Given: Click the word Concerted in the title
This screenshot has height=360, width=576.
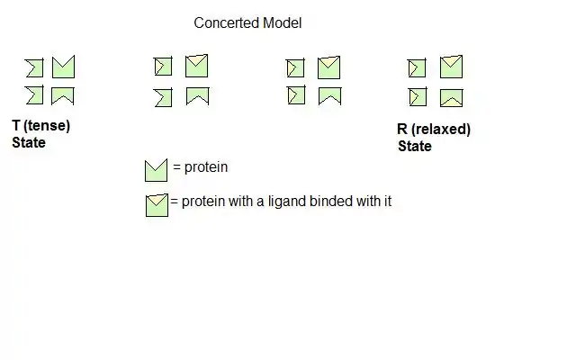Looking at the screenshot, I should (222, 23).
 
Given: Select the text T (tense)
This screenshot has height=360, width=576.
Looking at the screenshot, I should (41, 126).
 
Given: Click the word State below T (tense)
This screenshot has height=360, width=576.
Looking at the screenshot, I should (29, 142).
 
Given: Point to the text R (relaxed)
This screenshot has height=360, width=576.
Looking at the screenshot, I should (434, 130).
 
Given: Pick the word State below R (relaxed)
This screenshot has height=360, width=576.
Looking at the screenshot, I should (415, 146).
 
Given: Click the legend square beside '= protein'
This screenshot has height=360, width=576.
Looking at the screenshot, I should (156, 170).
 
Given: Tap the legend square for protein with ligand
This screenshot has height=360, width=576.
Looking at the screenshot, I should (157, 204).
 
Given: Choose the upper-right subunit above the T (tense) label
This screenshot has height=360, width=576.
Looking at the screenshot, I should (63, 67).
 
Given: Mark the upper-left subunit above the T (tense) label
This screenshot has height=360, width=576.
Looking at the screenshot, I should (34, 67).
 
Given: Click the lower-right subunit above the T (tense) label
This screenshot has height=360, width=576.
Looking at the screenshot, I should (63, 95).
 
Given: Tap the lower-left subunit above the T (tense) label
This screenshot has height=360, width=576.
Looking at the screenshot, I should (34, 95).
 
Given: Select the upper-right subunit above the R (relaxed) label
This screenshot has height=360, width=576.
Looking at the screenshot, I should (451, 67).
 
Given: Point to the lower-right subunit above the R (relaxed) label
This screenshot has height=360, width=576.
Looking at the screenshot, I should (451, 96).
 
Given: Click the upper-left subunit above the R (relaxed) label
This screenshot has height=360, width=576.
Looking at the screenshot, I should (417, 68).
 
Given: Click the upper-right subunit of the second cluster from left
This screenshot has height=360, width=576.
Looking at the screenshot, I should (197, 66).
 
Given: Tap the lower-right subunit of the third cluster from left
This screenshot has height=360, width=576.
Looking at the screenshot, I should (329, 95).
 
